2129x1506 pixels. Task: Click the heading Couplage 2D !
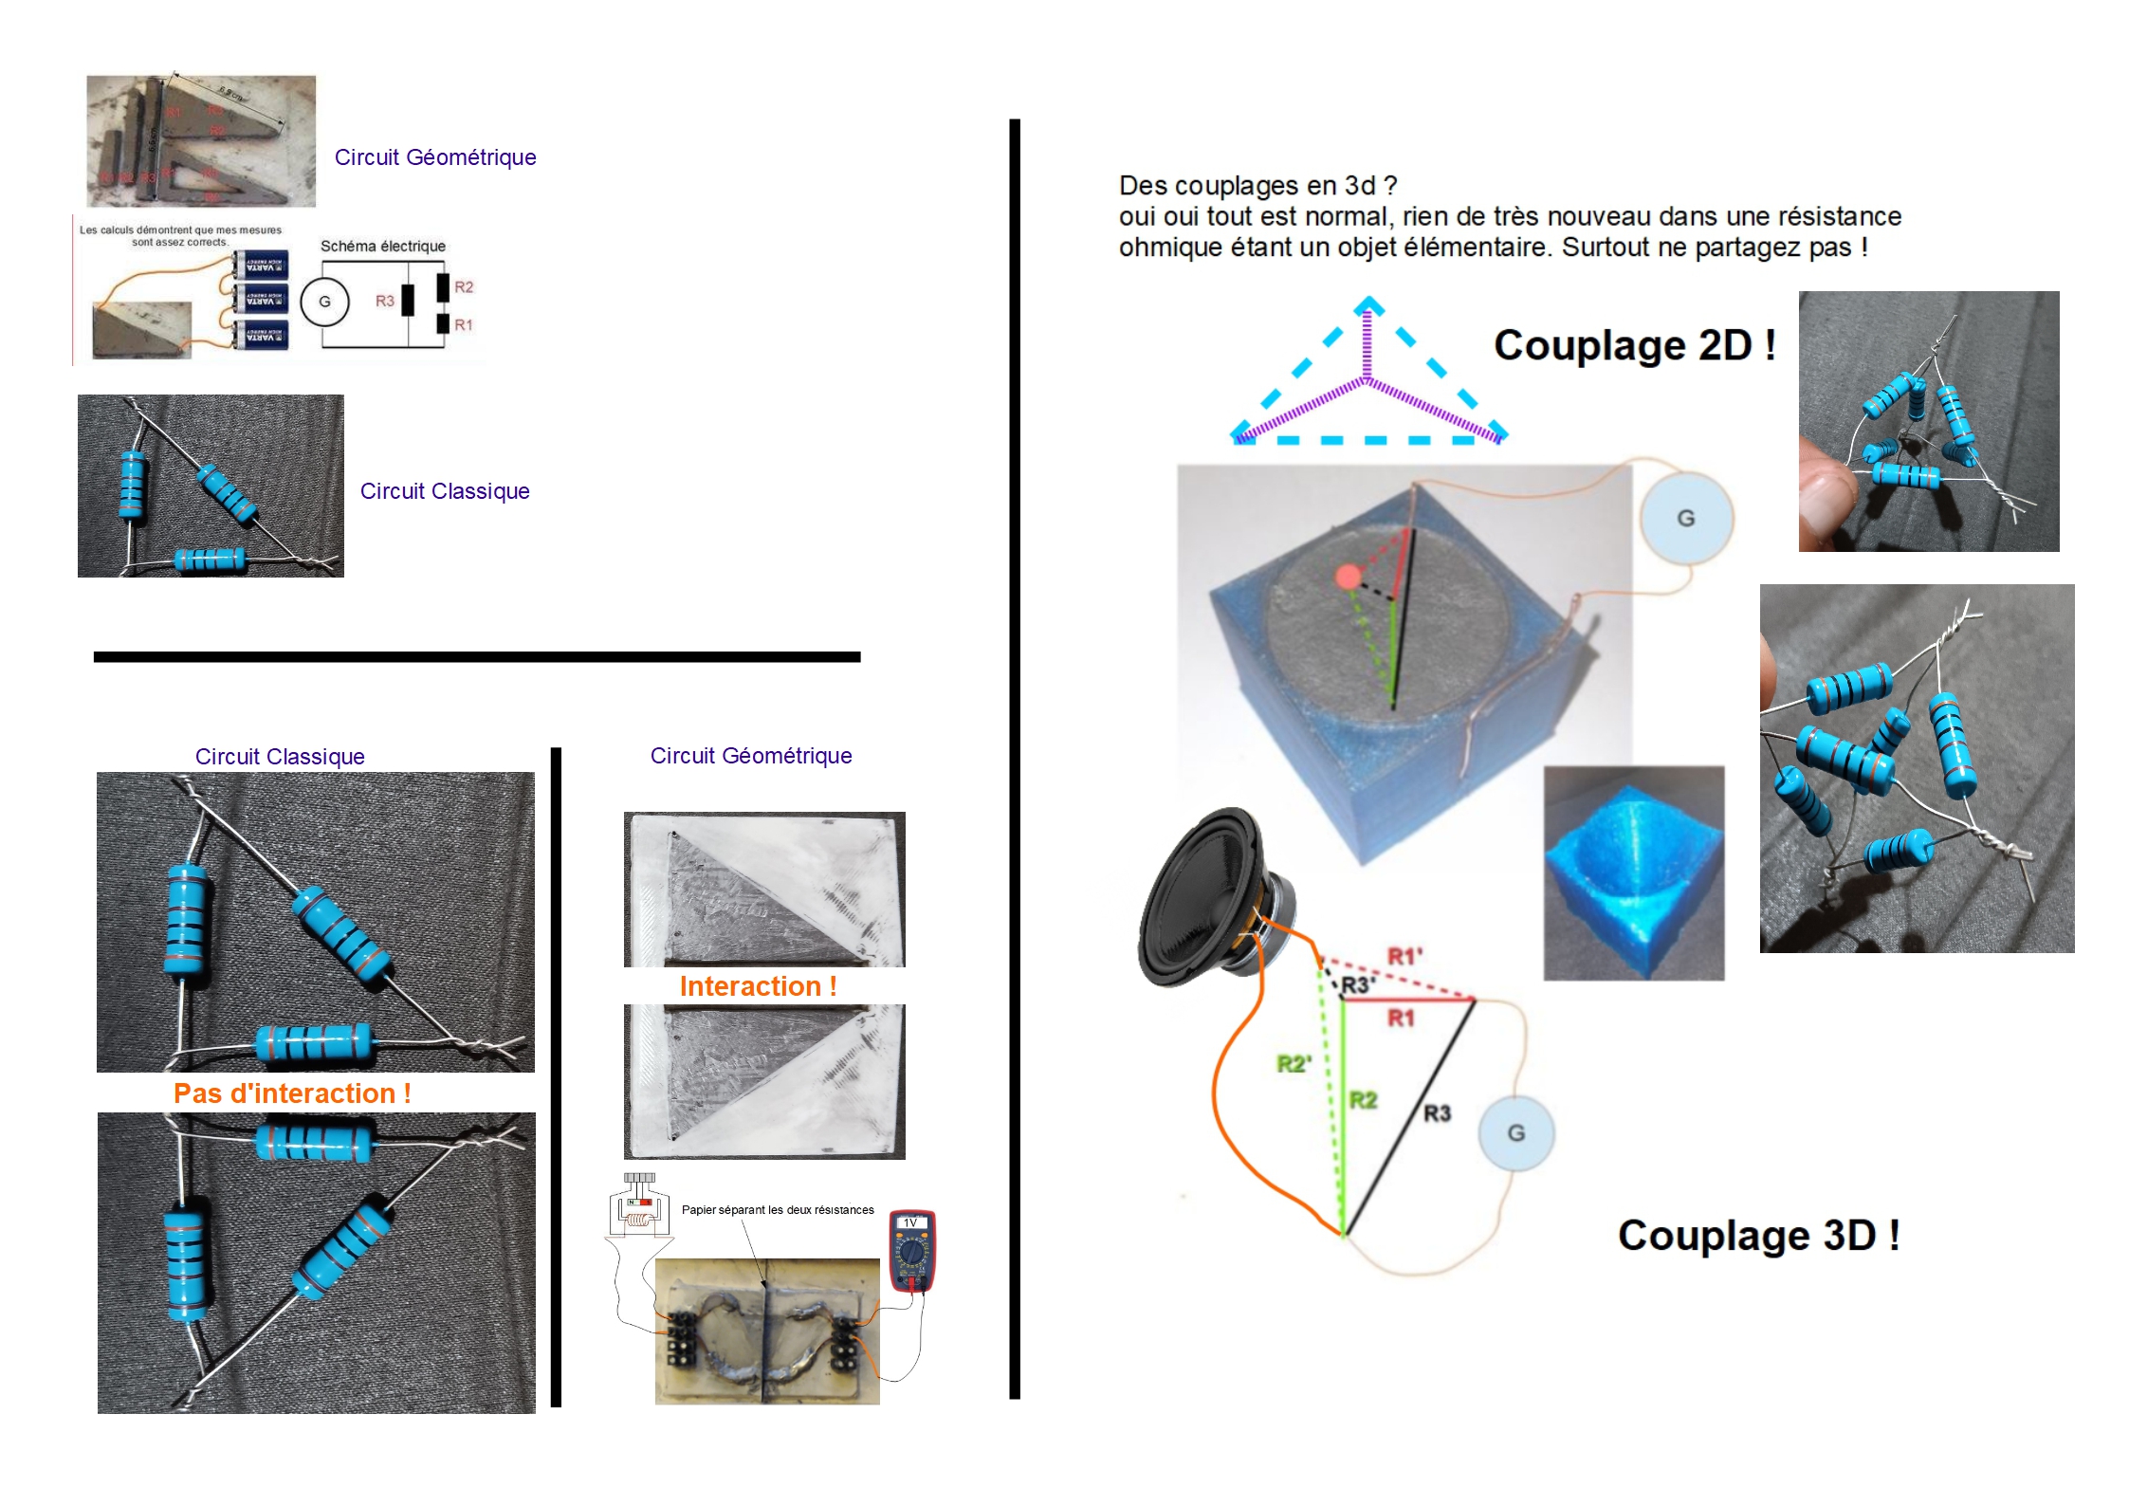coord(1633,345)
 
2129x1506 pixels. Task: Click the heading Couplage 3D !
coord(1757,1235)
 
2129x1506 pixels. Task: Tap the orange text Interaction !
coord(757,986)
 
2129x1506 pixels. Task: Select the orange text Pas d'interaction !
coord(292,1093)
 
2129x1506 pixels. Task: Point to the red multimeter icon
coord(911,1251)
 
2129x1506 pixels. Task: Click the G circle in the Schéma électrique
coord(324,302)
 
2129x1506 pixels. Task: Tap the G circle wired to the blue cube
coord(1685,519)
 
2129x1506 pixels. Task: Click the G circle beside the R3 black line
coord(1515,1132)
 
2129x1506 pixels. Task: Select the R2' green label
coord(1294,1064)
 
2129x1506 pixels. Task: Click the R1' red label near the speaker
coord(1404,956)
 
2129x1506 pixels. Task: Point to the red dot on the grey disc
coord(1347,577)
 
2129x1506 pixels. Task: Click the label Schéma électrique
coord(382,247)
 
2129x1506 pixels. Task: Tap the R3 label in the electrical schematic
coord(384,301)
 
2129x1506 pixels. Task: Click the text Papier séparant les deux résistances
coord(778,1210)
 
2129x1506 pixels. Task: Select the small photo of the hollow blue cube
coord(1633,872)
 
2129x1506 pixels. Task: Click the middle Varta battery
coord(261,301)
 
